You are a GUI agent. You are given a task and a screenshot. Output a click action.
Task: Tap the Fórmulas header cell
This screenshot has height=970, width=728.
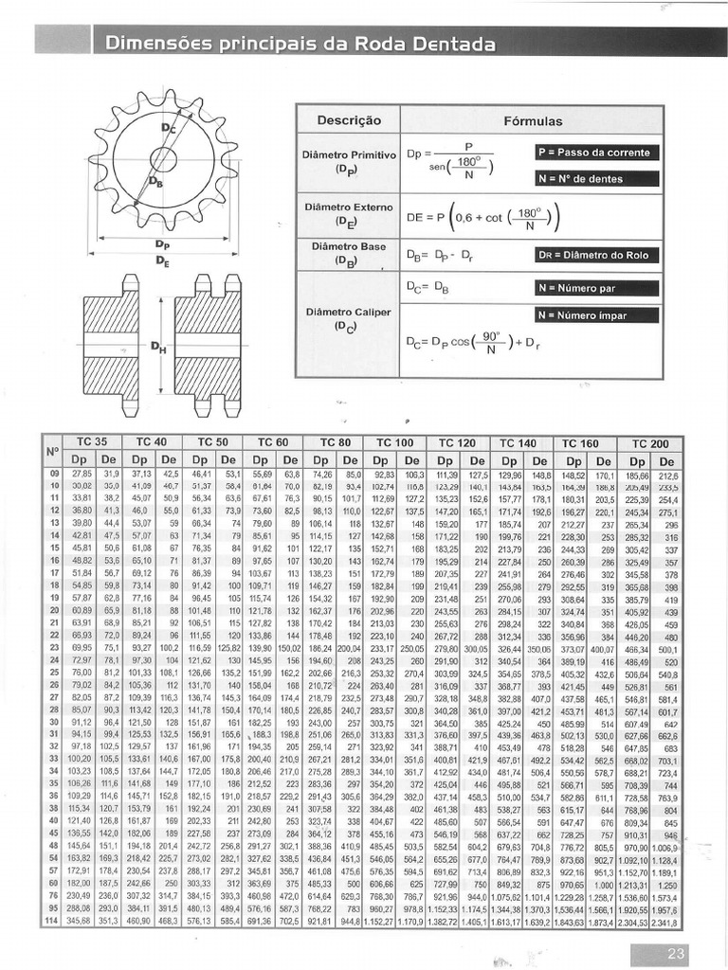tap(533, 121)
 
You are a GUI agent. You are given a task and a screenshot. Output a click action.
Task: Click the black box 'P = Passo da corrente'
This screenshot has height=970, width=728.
tap(596, 153)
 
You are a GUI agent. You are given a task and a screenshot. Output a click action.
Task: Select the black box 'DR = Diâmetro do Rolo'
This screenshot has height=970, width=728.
tap(596, 254)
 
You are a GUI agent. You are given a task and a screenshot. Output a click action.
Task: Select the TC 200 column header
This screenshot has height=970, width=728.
tap(649, 443)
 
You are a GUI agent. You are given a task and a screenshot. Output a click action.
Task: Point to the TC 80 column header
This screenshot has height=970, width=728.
tap(335, 442)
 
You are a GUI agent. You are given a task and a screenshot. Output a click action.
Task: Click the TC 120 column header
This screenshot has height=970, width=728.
tap(458, 442)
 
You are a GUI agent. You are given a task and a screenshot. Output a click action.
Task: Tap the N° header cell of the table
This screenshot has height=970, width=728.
tap(52, 450)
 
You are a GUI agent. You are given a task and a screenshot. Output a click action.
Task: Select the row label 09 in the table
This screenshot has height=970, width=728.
tap(53, 474)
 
